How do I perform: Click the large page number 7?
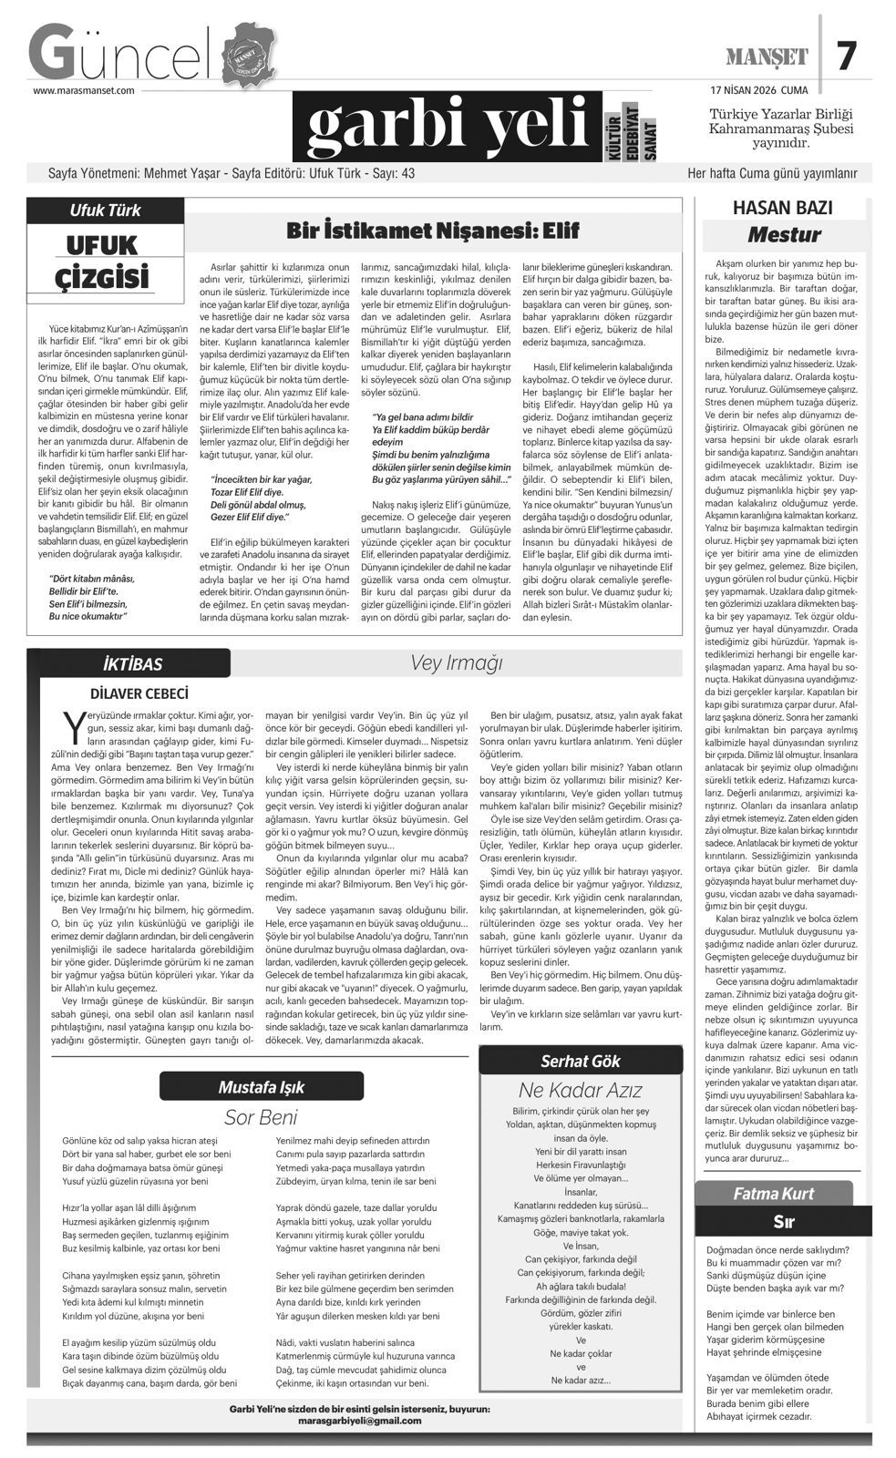pyautogui.click(x=847, y=56)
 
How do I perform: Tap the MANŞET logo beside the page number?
pyautogui.click(x=767, y=57)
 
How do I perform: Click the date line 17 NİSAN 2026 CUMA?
pyautogui.click(x=758, y=90)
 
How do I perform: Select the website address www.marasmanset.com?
pyautogui.click(x=84, y=90)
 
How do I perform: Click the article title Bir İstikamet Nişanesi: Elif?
pyautogui.click(x=433, y=230)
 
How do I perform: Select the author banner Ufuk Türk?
pyautogui.click(x=106, y=210)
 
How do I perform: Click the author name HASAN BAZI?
pyautogui.click(x=782, y=208)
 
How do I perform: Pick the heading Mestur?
pyautogui.click(x=784, y=235)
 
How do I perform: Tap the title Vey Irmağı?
pyautogui.click(x=456, y=662)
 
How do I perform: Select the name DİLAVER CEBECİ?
pyautogui.click(x=139, y=693)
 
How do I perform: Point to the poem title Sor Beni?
pyautogui.click(x=261, y=1117)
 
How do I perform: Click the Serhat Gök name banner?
pyautogui.click(x=581, y=1061)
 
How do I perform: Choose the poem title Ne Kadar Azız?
pyautogui.click(x=581, y=1090)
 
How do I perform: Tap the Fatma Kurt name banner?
pyautogui.click(x=774, y=1194)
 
